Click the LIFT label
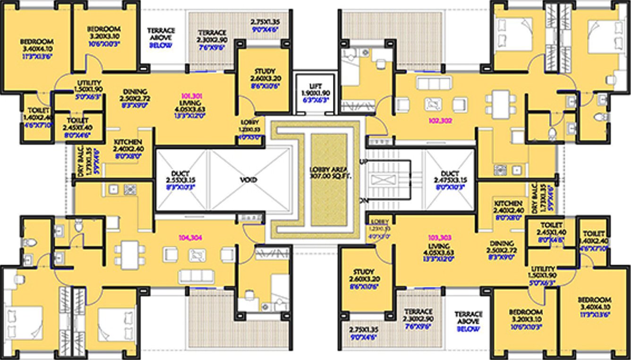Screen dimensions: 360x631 (x=315, y=86)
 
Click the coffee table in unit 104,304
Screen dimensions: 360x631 (x=197, y=255)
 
